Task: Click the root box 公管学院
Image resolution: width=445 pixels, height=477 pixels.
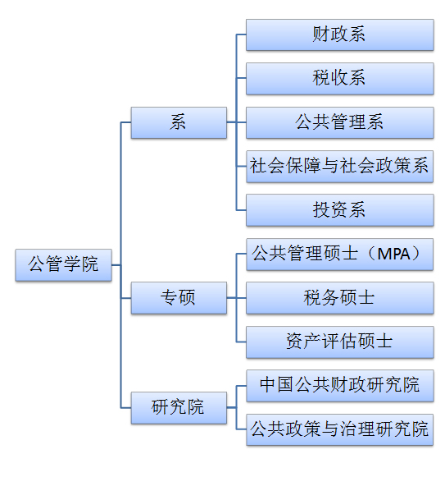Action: [x=63, y=264]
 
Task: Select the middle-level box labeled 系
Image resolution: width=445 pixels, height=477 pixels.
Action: [x=179, y=122]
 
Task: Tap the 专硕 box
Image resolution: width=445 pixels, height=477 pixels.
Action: [x=179, y=297]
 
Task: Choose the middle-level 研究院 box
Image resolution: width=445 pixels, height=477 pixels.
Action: [x=179, y=408]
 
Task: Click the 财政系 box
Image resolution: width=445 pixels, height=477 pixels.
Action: [x=339, y=34]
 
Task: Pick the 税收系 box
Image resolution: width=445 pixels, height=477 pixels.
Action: [x=339, y=79]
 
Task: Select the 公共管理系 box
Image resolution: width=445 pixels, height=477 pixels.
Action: [x=339, y=122]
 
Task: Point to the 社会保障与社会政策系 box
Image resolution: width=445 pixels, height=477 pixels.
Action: [x=339, y=167]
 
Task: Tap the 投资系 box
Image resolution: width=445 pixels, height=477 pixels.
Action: [x=339, y=210]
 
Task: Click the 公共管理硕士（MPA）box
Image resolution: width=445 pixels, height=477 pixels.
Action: [x=339, y=255]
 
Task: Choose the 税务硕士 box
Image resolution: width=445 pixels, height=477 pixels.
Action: [x=339, y=298]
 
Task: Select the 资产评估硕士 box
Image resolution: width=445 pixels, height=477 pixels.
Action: [x=339, y=342]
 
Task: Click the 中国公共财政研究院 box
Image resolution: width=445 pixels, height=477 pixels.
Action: [x=339, y=385]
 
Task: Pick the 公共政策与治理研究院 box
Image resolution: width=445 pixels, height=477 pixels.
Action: [x=339, y=429]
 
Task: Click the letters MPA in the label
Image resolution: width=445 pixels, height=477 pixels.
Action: [x=393, y=254]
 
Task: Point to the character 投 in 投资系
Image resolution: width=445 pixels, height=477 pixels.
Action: [x=321, y=209]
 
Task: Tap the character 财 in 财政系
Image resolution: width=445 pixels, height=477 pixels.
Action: [x=321, y=34]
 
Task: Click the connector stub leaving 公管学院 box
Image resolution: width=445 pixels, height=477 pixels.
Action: [x=116, y=265]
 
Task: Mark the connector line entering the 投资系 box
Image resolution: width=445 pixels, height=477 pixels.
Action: [x=241, y=210]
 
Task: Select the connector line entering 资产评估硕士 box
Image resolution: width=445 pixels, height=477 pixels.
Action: [x=241, y=342]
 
